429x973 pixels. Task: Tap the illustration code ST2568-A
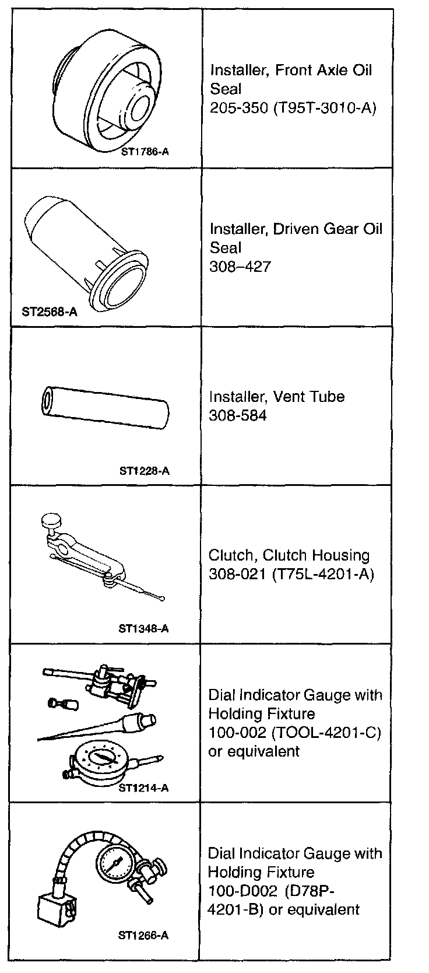50,311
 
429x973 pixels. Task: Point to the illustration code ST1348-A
143,628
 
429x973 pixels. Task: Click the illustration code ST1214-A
143,788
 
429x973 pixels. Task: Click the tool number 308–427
240,267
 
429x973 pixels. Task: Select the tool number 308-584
237,415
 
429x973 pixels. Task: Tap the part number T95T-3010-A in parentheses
324,108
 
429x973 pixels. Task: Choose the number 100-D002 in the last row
242,891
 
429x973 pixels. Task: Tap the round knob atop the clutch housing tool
51,520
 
